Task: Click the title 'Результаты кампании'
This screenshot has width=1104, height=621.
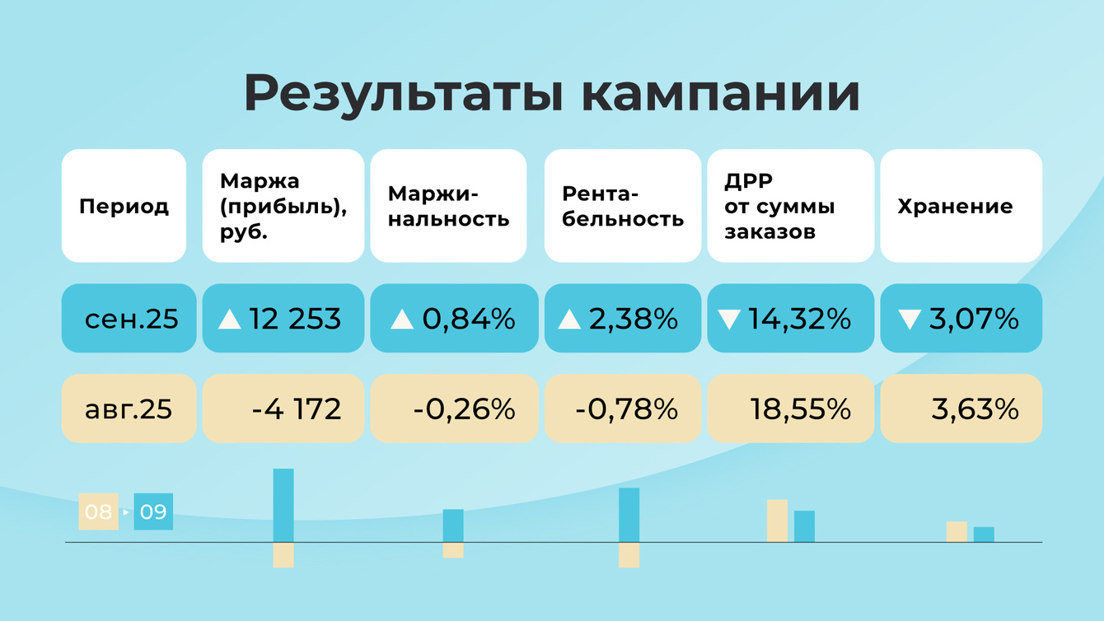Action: coord(552,93)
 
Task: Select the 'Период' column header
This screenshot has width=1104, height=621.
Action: coord(124,206)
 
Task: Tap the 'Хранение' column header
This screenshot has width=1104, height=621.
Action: coord(955,206)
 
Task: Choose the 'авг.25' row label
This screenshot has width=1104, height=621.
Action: coord(129,409)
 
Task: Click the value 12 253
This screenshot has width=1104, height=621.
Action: coord(295,319)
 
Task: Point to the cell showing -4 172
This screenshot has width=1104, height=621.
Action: coord(297,409)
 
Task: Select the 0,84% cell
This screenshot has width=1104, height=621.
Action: coord(468,319)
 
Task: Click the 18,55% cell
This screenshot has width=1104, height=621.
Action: coord(800,409)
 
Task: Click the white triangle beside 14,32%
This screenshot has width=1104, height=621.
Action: coord(729,320)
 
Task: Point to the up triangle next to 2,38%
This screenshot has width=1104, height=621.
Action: coord(569,320)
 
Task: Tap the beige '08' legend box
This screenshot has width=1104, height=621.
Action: coord(98,511)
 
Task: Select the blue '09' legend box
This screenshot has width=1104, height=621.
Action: coord(153,511)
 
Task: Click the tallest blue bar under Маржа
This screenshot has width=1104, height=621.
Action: coord(283,505)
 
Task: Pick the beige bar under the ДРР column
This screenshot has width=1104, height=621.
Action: coord(777,521)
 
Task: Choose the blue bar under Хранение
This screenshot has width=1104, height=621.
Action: coord(984,535)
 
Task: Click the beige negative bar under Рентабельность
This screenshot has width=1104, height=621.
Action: coord(629,555)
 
